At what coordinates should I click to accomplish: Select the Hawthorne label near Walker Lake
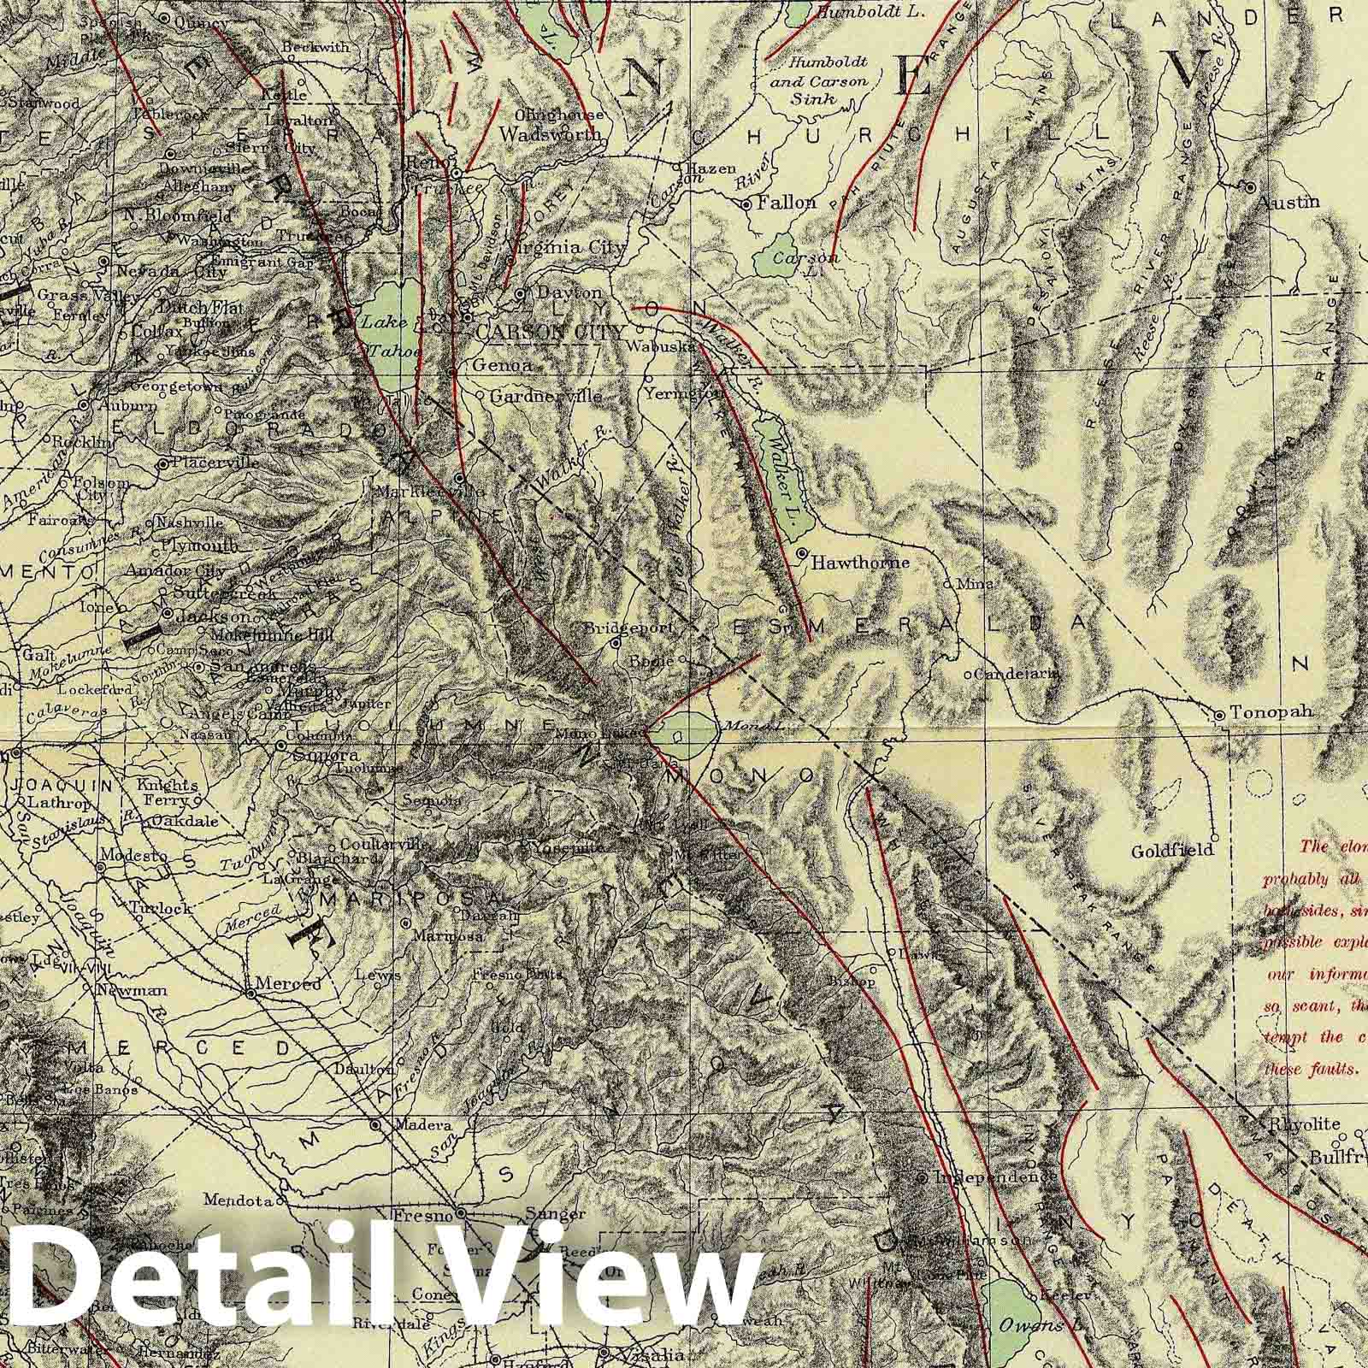pos(860,563)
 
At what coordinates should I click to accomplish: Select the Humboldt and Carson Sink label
pos(828,81)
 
